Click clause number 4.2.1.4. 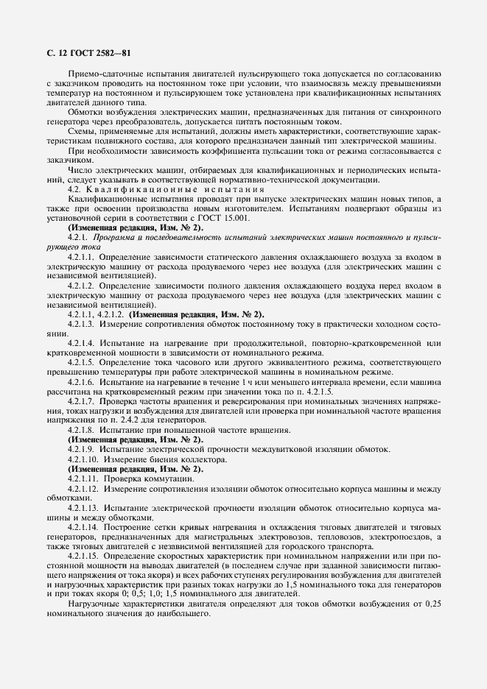[x=80, y=343]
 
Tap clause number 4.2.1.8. [x=80, y=429]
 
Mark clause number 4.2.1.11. [x=83, y=478]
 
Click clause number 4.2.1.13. [x=83, y=507]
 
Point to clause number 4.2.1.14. [x=83, y=527]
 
